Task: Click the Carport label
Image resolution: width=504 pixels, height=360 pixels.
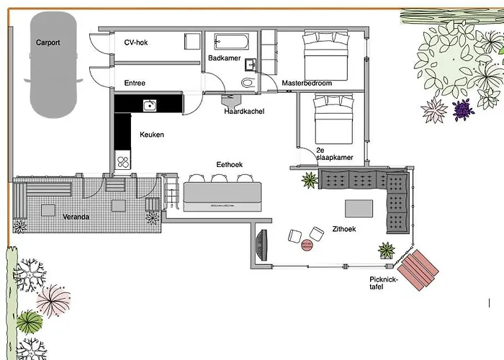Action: (x=48, y=42)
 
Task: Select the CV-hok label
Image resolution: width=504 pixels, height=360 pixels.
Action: (x=137, y=42)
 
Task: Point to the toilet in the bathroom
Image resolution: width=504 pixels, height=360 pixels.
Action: (x=248, y=82)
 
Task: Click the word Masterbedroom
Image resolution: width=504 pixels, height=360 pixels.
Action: (x=307, y=84)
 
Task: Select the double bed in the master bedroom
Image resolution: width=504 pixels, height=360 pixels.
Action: (x=325, y=53)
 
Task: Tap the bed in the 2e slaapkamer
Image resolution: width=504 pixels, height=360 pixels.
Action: (x=333, y=119)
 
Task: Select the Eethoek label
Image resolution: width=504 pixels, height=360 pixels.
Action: (x=230, y=165)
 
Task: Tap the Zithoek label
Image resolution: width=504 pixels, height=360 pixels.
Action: (x=344, y=230)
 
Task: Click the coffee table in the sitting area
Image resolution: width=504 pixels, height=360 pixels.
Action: (x=359, y=208)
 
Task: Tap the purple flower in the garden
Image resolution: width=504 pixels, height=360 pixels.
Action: (x=462, y=109)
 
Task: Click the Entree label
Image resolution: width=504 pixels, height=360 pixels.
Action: (x=135, y=84)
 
